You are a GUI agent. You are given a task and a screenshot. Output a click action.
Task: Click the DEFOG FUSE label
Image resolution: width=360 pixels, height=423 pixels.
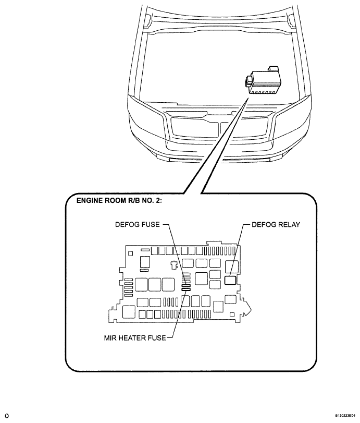(x=137, y=224)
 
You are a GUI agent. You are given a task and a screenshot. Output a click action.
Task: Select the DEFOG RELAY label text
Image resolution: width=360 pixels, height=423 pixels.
(x=276, y=224)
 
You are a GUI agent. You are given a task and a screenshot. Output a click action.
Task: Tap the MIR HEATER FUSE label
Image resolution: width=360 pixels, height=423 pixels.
(x=135, y=338)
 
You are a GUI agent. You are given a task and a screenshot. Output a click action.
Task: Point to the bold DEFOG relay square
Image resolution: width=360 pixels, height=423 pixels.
(x=230, y=280)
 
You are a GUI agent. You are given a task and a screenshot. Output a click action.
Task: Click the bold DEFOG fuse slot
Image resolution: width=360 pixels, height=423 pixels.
(x=186, y=286)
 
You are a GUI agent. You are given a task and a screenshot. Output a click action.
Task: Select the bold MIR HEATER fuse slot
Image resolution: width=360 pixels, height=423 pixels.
(x=186, y=289)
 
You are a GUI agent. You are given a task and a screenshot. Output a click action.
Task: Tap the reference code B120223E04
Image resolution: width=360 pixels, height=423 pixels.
(x=345, y=416)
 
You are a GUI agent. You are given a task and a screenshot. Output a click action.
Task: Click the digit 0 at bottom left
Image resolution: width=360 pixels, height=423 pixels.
(x=7, y=416)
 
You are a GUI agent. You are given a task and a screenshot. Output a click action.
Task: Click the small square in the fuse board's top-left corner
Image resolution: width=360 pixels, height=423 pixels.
(x=131, y=253)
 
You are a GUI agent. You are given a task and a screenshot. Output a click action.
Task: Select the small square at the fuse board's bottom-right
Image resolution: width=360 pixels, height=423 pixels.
(x=232, y=315)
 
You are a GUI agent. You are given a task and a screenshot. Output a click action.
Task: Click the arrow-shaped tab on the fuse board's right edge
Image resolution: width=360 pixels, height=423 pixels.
(x=247, y=308)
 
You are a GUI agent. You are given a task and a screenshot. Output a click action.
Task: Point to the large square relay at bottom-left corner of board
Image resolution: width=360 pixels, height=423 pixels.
(x=129, y=312)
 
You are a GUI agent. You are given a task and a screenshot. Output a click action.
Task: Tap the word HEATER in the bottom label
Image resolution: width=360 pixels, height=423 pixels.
(x=131, y=338)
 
